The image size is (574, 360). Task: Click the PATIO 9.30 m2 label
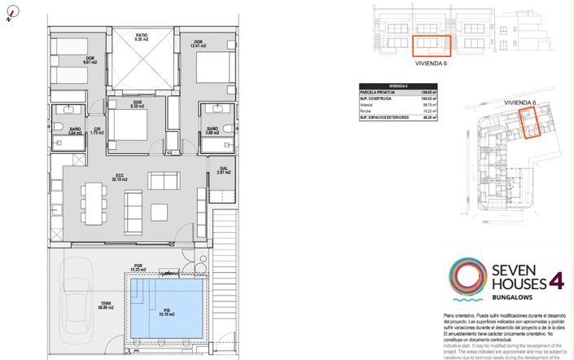pos(142,37)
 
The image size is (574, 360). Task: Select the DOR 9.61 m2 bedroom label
pos(90,59)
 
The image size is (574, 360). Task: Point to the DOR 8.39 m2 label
pos(137,103)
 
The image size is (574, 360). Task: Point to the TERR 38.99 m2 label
pos(106,306)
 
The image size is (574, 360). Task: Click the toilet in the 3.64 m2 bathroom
pos(60,126)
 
